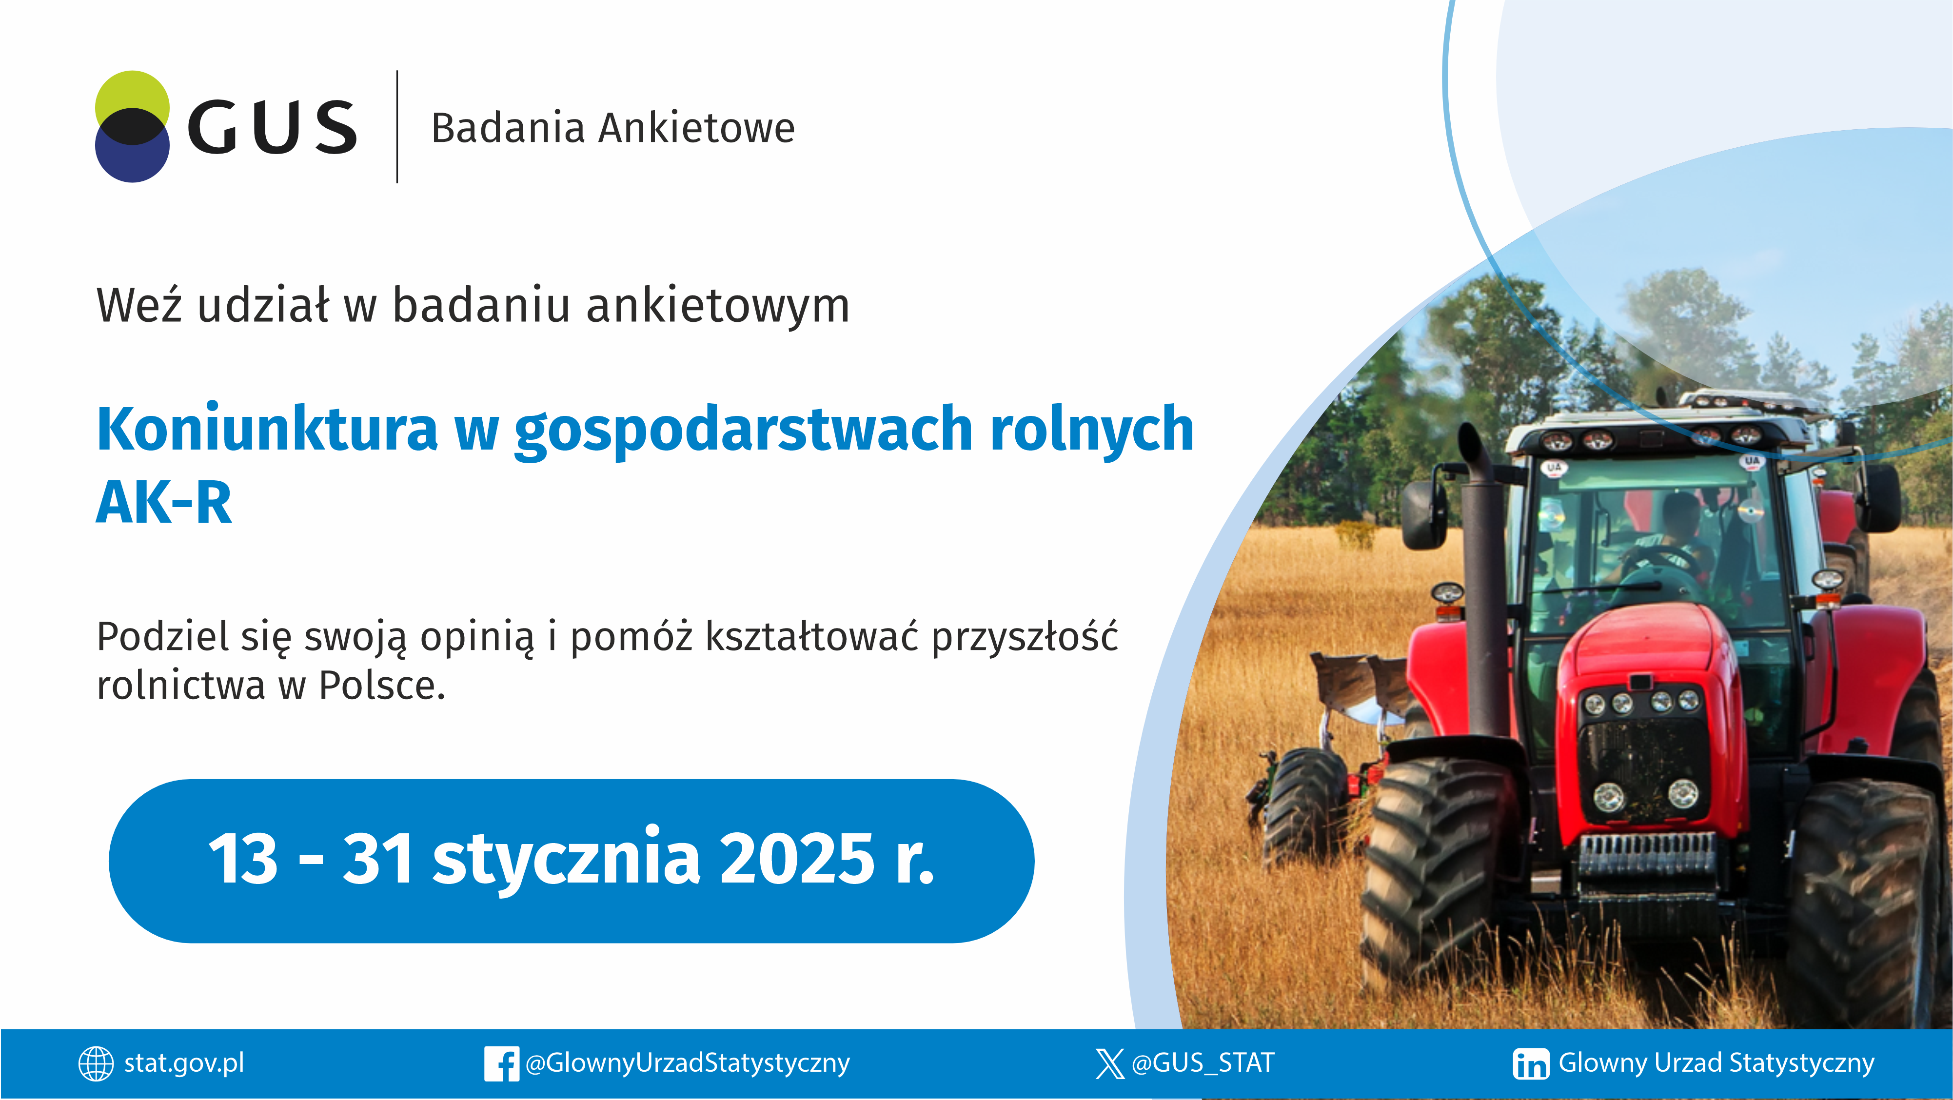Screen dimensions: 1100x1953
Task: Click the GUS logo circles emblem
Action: tap(132, 127)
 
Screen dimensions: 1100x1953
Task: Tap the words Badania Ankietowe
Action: tap(612, 127)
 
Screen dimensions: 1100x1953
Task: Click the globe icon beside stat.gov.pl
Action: tap(96, 1063)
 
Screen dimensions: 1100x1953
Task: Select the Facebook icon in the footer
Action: tap(501, 1063)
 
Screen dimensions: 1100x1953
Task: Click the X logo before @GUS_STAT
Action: tap(1109, 1063)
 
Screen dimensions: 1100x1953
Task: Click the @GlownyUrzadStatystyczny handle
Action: tap(687, 1063)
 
